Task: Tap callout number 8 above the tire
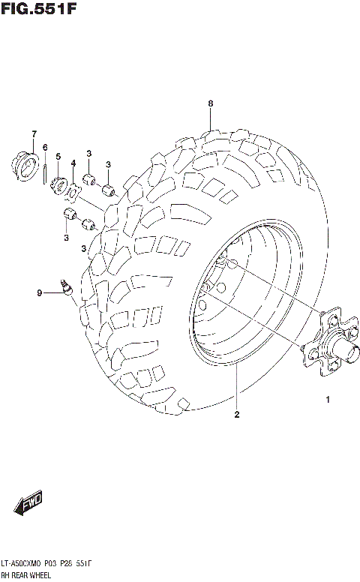pyautogui.click(x=211, y=103)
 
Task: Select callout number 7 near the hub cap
pyautogui.click(x=34, y=134)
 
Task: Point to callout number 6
pyautogui.click(x=45, y=147)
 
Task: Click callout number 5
pyautogui.click(x=58, y=156)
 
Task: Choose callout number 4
pyautogui.click(x=73, y=163)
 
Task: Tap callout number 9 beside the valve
pyautogui.click(x=40, y=293)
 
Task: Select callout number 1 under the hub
pyautogui.click(x=328, y=399)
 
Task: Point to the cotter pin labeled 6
pyautogui.click(x=46, y=171)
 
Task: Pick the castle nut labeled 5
pyautogui.click(x=59, y=184)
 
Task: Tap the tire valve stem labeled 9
pyautogui.click(x=66, y=286)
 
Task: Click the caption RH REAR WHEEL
pyautogui.click(x=27, y=575)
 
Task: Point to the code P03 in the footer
pyautogui.click(x=70, y=563)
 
